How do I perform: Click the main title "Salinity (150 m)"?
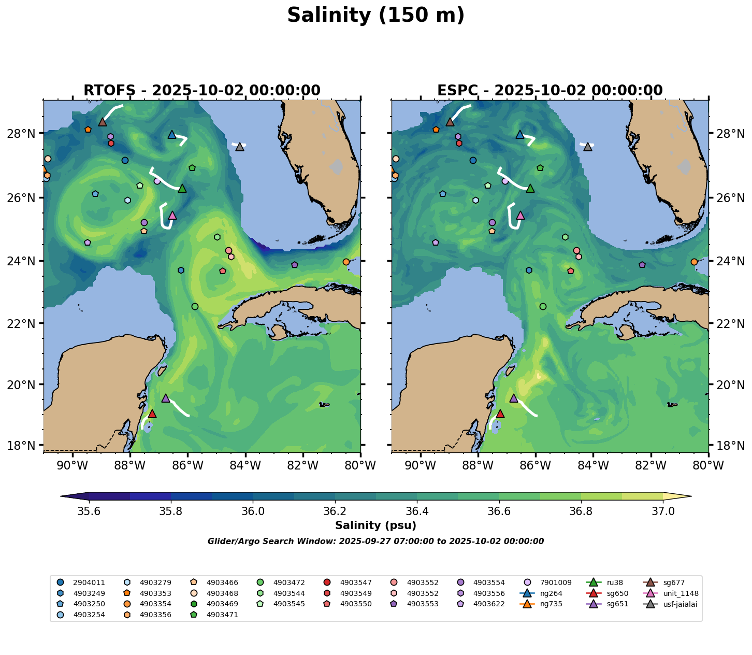tap(375, 16)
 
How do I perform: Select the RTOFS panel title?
tap(202, 91)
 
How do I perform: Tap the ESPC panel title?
tap(549, 91)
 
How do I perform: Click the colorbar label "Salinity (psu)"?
tap(375, 525)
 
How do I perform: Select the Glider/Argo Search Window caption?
tap(375, 542)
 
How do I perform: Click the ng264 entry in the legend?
tap(549, 593)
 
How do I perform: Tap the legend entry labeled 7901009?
tap(554, 582)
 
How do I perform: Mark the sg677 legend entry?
tap(673, 582)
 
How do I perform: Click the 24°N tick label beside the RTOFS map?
tap(26, 261)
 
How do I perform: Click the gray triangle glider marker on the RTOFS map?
tap(240, 147)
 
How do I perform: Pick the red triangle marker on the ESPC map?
tap(500, 414)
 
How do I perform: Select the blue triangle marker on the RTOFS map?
tap(172, 135)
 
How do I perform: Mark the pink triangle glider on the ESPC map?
tap(520, 216)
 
